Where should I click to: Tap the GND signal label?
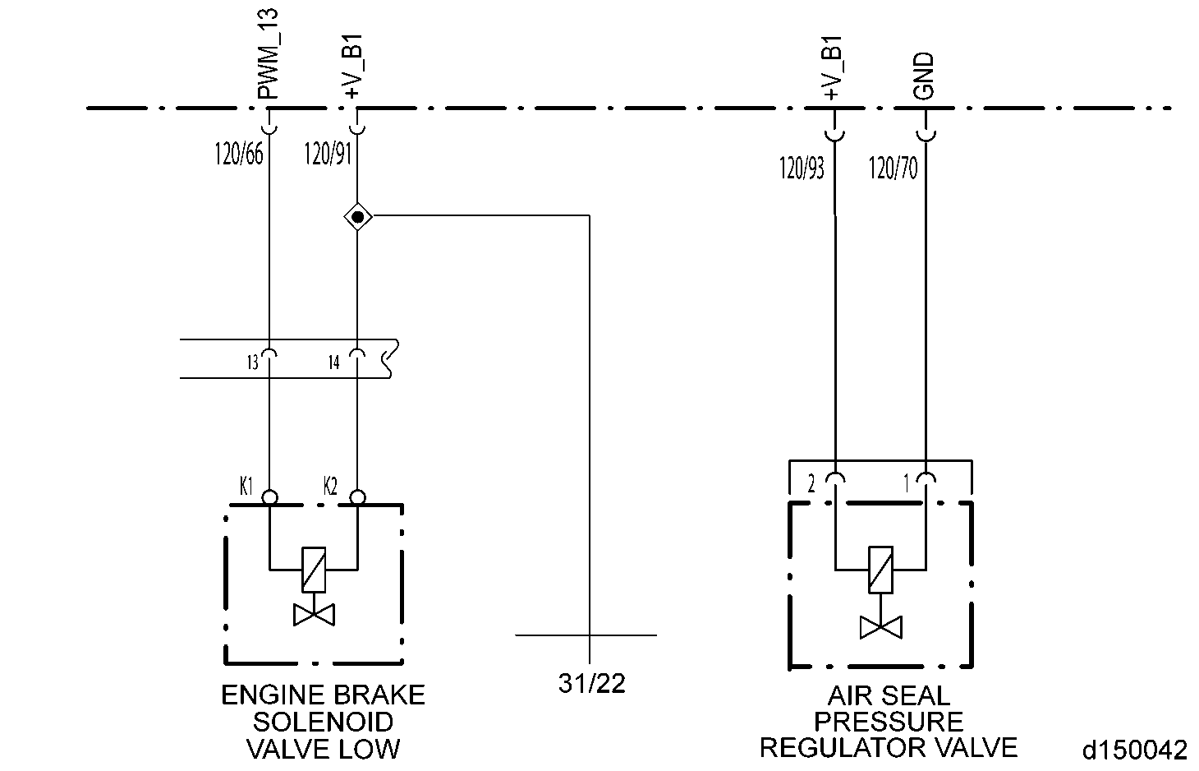point(925,76)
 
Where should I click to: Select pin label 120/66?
point(239,155)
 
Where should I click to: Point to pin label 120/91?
point(328,155)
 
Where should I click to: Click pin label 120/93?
point(802,169)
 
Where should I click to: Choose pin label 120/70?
point(893,169)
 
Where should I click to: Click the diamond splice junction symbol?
point(357,217)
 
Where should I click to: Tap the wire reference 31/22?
point(591,683)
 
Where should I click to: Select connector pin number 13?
point(252,362)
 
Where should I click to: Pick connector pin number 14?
point(333,362)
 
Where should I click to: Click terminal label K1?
point(246,487)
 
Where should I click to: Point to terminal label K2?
point(330,487)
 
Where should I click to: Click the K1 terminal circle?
point(269,497)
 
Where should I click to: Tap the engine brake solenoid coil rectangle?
point(314,569)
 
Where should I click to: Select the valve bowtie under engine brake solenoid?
point(314,615)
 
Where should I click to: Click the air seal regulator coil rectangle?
point(880,569)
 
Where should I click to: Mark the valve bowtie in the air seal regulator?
point(880,628)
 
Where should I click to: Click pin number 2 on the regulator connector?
point(811,484)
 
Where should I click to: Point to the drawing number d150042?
point(1134,750)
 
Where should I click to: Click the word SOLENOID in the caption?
point(323,722)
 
